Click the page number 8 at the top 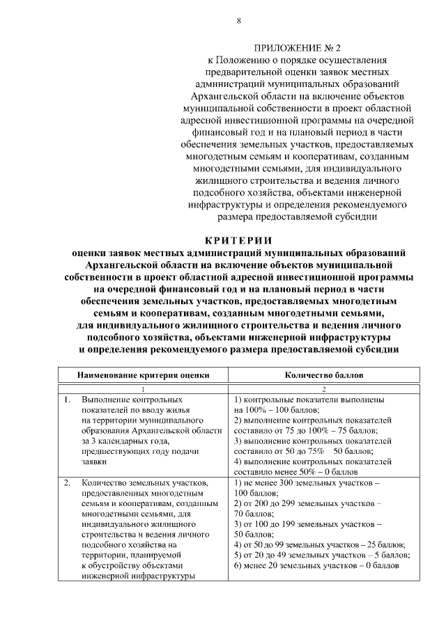point(238,21)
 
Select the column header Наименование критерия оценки point(143,374)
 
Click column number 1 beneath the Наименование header point(143,389)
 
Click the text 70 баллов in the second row point(252,512)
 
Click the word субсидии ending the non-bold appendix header point(361,216)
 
